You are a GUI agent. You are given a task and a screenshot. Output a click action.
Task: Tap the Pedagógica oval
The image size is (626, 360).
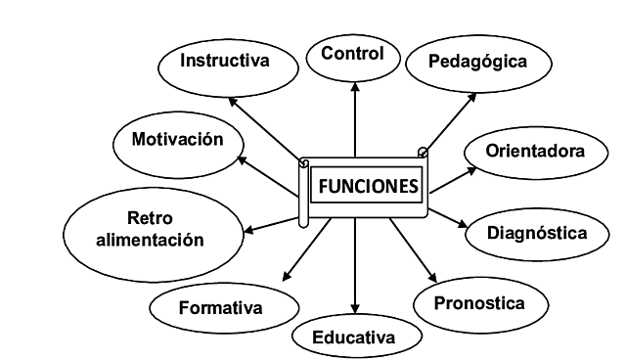[x=478, y=62]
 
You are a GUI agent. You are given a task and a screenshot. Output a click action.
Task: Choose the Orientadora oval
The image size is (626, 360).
[x=536, y=152]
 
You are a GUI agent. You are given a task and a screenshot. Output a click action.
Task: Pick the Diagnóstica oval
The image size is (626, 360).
[x=537, y=233]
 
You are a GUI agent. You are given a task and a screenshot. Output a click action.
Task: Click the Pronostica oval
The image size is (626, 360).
[x=479, y=302]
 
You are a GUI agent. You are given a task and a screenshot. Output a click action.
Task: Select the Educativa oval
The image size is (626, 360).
[x=354, y=337]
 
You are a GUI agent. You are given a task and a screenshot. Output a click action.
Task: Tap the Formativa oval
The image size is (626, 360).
[x=221, y=308]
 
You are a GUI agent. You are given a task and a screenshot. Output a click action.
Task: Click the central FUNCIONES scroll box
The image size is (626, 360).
[x=366, y=186]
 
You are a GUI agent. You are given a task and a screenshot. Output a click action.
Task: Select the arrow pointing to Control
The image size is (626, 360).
[x=354, y=117]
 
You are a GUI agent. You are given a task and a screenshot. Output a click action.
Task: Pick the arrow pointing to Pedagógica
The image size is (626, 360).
[x=449, y=123]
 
